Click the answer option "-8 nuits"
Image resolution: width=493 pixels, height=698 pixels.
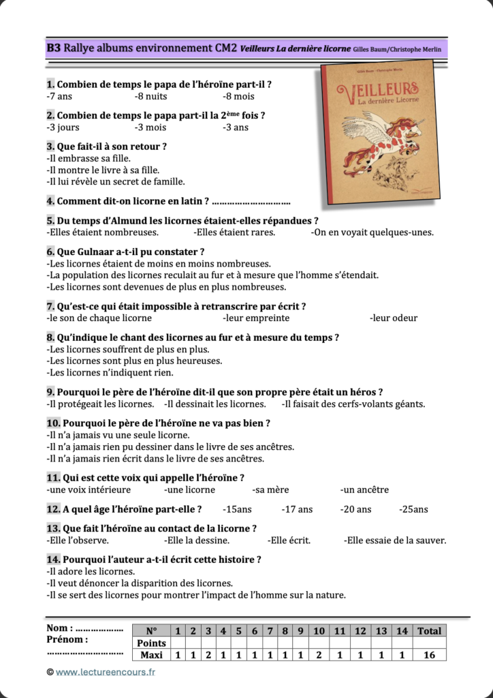pyautogui.click(x=150, y=96)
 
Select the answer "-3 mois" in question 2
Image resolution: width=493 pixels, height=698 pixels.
pyautogui.click(x=150, y=127)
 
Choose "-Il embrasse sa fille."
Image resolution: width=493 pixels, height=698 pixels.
pyautogui.click(x=89, y=158)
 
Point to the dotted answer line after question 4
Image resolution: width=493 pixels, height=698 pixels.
pyautogui.click(x=251, y=202)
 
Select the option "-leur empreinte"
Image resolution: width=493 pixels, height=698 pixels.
pyautogui.click(x=255, y=318)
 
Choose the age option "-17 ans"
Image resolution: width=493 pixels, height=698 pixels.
pyautogui.click(x=297, y=509)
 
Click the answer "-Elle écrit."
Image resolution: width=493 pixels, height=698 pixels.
pyautogui.click(x=289, y=541)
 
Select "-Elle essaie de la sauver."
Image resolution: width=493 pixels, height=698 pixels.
pyautogui.click(x=395, y=541)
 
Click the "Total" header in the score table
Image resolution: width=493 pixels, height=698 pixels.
pyautogui.click(x=429, y=631)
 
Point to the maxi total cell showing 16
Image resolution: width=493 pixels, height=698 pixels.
pyautogui.click(x=429, y=655)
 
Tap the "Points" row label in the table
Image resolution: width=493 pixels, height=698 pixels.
pyautogui.click(x=151, y=643)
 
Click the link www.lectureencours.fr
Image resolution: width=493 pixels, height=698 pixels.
pyautogui.click(x=106, y=672)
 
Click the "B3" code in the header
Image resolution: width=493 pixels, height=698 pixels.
pyautogui.click(x=54, y=48)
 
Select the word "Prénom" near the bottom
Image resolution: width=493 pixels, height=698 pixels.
pyautogui.click(x=67, y=639)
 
